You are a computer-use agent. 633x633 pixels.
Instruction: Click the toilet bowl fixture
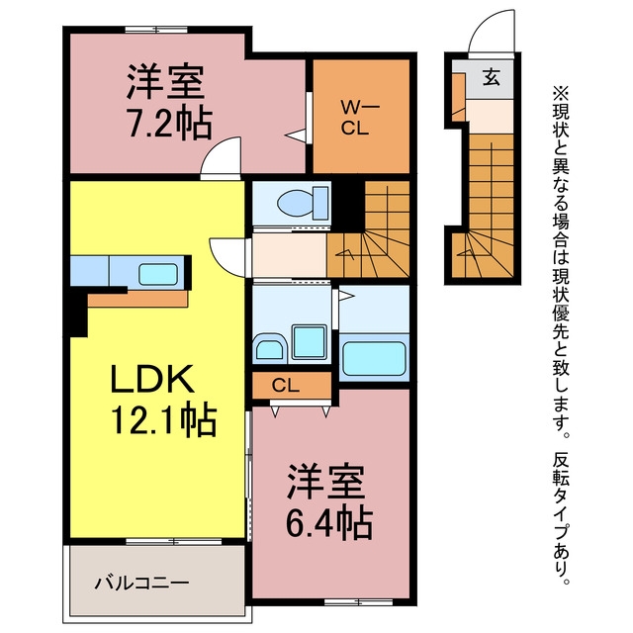click(303, 203)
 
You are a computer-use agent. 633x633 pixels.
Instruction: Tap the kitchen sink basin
click(158, 274)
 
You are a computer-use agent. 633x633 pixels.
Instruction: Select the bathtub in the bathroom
click(374, 358)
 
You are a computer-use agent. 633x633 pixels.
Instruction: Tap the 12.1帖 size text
click(164, 419)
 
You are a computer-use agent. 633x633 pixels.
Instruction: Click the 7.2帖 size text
click(169, 123)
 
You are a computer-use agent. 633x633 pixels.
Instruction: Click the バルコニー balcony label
click(141, 583)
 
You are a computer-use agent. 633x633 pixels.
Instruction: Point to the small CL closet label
click(286, 386)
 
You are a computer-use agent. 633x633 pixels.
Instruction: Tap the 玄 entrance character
click(492, 77)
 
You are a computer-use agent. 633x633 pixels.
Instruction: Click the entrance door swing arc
click(485, 24)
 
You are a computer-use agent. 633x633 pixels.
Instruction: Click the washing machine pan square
click(310, 342)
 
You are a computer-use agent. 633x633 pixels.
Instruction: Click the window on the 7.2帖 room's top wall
click(156, 30)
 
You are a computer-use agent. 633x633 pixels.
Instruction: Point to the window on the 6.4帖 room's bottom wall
click(358, 602)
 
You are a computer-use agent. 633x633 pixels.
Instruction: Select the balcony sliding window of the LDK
click(174, 541)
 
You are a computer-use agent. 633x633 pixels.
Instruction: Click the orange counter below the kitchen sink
click(138, 299)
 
